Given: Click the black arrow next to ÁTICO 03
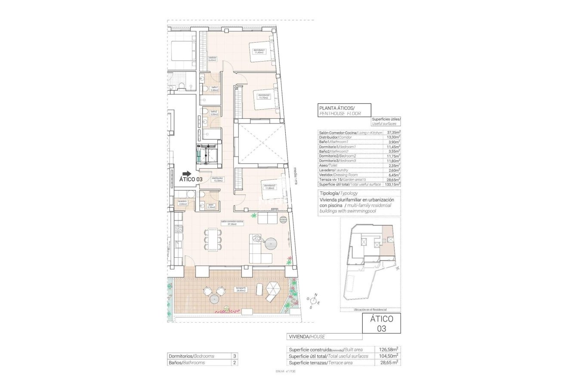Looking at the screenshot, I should (x=186, y=173).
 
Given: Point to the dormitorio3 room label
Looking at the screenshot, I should (x=269, y=187).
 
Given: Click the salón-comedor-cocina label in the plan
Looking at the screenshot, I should (x=232, y=222).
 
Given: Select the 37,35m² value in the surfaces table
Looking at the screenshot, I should (x=393, y=133).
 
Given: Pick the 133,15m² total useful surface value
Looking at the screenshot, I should (x=393, y=184).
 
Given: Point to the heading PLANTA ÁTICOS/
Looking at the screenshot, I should (x=336, y=108).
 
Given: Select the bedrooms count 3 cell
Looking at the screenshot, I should (x=235, y=356).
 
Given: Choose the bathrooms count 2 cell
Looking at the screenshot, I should (x=235, y=363).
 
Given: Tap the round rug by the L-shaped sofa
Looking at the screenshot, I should (x=272, y=245).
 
